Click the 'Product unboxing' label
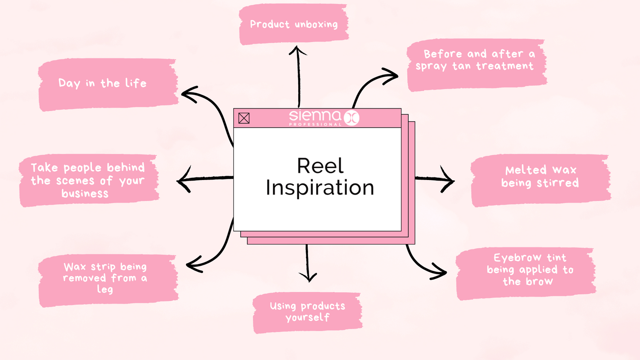[294, 24]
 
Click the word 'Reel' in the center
[320, 166]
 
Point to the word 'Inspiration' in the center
[320, 188]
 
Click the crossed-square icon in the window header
[244, 118]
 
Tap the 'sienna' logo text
[315, 116]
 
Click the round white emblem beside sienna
[352, 117]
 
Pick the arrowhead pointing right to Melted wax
[450, 180]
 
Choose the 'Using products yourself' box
[307, 312]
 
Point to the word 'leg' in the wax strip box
[105, 289]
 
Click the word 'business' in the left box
[85, 194]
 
